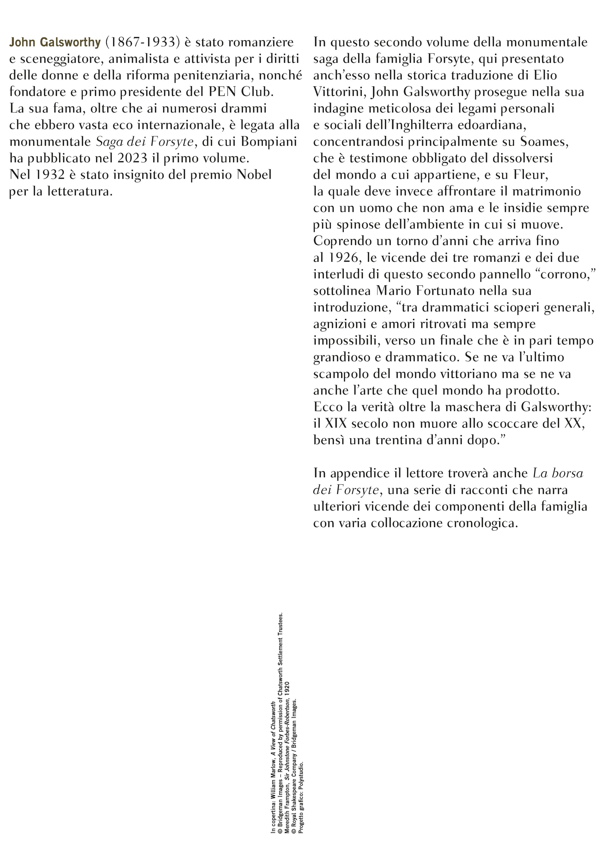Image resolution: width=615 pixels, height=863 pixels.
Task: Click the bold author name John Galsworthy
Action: tap(55, 42)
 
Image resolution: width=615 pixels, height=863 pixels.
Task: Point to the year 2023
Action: tap(132, 158)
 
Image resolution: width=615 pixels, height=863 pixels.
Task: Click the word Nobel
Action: tap(254, 175)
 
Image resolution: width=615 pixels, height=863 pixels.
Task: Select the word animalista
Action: tap(143, 59)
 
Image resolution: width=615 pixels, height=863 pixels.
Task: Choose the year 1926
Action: tap(342, 258)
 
